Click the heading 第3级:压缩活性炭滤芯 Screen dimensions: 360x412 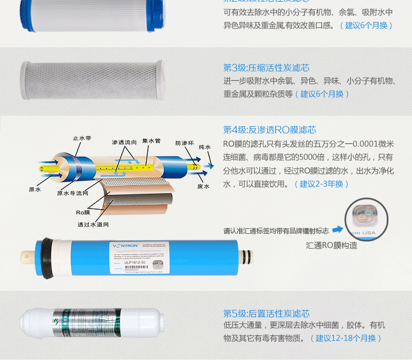266,67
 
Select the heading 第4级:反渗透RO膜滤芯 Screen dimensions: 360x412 269,130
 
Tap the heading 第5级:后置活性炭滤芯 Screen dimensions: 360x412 266,313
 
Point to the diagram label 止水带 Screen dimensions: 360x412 82,138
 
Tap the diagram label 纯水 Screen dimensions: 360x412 205,147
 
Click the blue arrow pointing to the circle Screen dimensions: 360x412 337,229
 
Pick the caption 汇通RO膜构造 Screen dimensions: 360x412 331,245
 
